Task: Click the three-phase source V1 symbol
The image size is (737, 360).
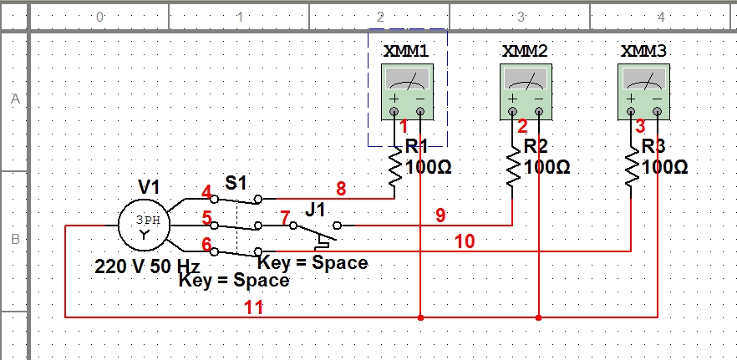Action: click(144, 226)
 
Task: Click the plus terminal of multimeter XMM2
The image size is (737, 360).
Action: click(513, 112)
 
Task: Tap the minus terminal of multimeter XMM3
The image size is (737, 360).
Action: click(657, 112)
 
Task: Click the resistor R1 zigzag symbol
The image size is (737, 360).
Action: click(394, 166)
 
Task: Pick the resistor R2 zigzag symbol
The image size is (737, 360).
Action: click(513, 166)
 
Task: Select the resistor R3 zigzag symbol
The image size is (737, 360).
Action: click(631, 166)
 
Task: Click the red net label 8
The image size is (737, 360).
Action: click(341, 189)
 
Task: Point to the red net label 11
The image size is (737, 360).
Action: click(253, 308)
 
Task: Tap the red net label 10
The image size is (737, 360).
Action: click(465, 241)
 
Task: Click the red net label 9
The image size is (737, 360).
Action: click(440, 215)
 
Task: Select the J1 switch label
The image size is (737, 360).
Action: click(315, 210)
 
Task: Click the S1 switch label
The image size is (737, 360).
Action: click(236, 183)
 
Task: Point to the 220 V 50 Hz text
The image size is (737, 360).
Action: click(148, 267)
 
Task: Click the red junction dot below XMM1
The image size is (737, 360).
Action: click(420, 317)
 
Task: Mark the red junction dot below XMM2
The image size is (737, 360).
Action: click(539, 317)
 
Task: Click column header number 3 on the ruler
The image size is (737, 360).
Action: click(521, 17)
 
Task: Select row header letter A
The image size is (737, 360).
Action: click(16, 99)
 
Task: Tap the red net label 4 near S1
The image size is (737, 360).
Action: click(206, 192)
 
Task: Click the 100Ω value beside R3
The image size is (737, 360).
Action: click(664, 167)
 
